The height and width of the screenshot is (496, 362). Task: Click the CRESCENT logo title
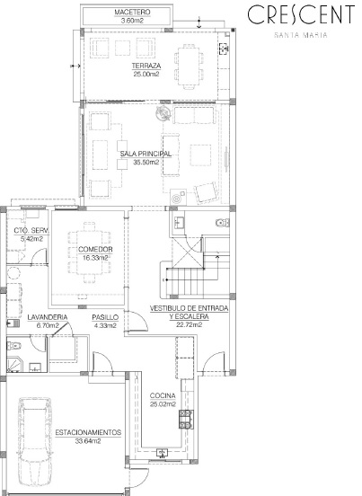tap(301, 14)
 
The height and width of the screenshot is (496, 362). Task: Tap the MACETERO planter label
tap(132, 13)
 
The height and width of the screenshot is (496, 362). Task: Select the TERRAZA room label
tap(146, 66)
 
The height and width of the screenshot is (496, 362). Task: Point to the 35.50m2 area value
tap(146, 163)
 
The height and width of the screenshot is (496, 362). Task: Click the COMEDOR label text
tap(95, 249)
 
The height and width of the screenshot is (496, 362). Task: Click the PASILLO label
tap(105, 317)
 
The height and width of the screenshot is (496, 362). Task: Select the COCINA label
tap(163, 395)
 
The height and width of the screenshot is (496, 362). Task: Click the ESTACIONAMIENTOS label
tap(88, 432)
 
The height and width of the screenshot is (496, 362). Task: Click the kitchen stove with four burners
tap(186, 419)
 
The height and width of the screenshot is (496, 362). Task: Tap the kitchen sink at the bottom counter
tap(163, 453)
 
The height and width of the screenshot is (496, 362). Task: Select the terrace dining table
tap(189, 66)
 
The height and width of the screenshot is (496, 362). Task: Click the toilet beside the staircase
tap(223, 223)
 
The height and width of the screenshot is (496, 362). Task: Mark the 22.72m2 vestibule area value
tap(190, 324)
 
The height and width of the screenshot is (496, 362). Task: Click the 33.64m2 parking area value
tap(88, 440)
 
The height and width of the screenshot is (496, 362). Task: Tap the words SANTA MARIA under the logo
tap(301, 35)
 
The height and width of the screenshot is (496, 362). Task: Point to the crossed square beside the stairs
tap(187, 253)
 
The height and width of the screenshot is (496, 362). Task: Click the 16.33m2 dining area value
tap(95, 258)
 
